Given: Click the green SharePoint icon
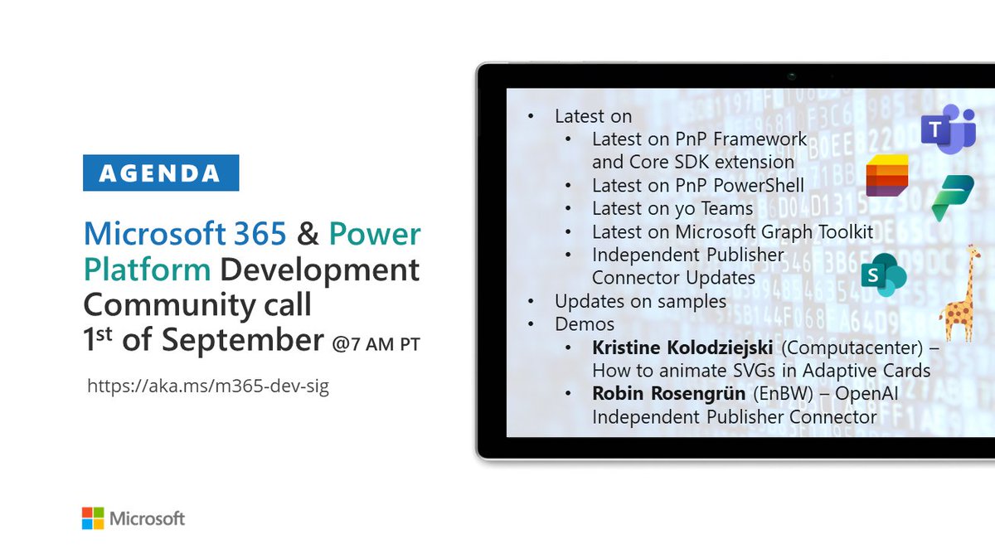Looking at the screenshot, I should pyautogui.click(x=882, y=275).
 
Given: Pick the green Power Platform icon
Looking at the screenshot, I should pyautogui.click(x=952, y=199).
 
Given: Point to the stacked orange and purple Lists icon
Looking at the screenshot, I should pyautogui.click(x=886, y=175).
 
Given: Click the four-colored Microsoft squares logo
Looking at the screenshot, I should pyautogui.click(x=92, y=518).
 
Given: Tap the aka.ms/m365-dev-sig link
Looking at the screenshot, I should pyautogui.click(x=207, y=386).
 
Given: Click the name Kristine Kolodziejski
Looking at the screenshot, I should pyautogui.click(x=682, y=347).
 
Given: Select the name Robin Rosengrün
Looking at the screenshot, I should pyautogui.click(x=656, y=394).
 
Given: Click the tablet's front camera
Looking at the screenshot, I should pyautogui.click(x=793, y=76).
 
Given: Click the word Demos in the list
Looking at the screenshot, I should pyautogui.click(x=585, y=323).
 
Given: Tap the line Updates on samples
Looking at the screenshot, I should pyautogui.click(x=640, y=300).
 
